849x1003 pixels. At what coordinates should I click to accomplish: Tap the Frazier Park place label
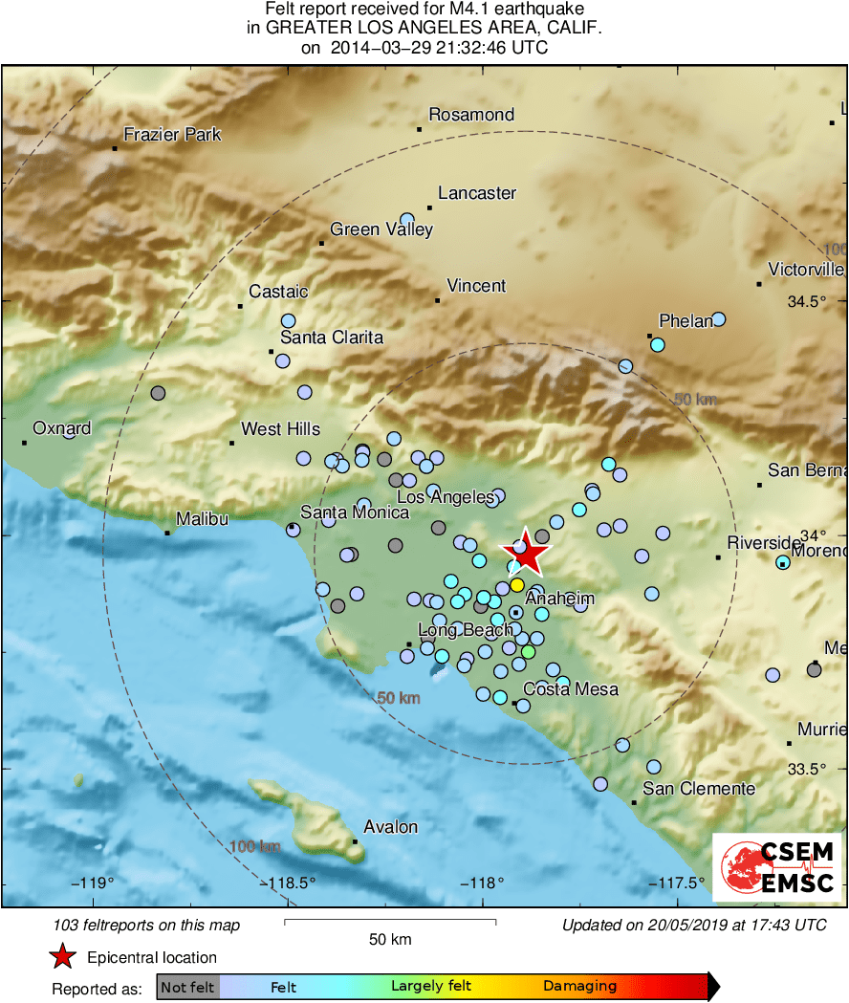(x=172, y=135)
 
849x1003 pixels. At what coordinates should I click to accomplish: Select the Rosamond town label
(x=471, y=115)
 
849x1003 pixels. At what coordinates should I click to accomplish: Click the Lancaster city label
(x=477, y=193)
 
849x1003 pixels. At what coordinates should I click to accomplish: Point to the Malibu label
(x=202, y=519)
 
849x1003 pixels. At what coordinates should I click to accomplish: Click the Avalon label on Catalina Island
(x=390, y=827)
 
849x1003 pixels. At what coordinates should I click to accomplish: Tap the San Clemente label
(x=699, y=789)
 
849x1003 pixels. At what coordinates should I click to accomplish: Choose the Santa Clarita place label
(x=331, y=338)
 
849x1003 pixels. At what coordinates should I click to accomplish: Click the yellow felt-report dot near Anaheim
(x=516, y=584)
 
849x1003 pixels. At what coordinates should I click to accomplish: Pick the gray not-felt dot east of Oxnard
(x=159, y=393)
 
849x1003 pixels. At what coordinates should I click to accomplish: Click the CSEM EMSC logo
(x=776, y=867)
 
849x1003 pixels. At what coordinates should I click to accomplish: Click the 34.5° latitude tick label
(x=807, y=301)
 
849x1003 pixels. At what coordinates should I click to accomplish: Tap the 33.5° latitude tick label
(x=807, y=769)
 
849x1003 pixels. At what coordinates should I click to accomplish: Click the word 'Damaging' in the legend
(x=579, y=987)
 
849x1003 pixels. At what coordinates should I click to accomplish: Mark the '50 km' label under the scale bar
(x=390, y=939)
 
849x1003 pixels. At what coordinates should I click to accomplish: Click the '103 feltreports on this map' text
(x=147, y=925)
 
